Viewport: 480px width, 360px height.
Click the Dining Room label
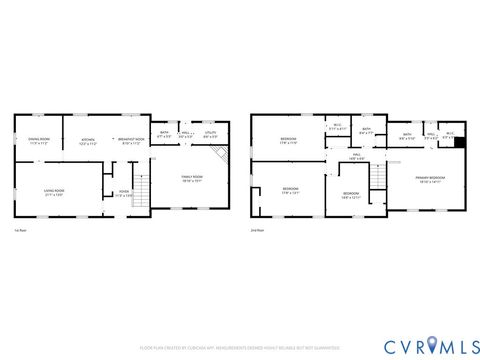point(39,141)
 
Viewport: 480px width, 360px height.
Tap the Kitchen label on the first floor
point(87,141)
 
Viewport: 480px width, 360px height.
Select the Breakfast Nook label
point(132,141)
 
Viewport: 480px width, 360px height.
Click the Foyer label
point(124,192)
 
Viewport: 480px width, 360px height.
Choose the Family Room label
point(191,179)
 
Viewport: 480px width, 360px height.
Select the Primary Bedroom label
point(431,179)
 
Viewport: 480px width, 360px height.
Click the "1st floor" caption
point(20,230)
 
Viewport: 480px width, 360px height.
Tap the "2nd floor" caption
point(257,230)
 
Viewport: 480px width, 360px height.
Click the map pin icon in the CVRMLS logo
point(432,346)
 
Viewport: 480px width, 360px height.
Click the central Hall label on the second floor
point(356,155)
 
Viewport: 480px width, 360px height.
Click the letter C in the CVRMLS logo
point(386,346)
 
